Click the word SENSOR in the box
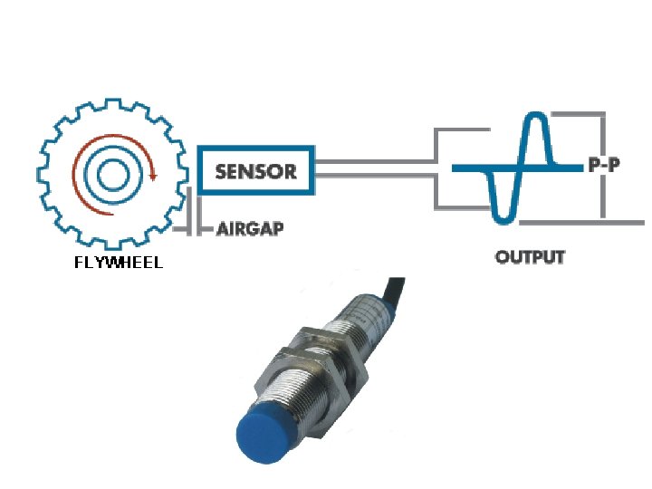256,170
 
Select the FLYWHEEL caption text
119,264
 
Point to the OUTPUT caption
530,257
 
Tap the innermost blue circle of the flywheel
114,170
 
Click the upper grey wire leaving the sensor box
376,161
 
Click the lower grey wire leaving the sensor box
376,177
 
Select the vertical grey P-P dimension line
599,195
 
